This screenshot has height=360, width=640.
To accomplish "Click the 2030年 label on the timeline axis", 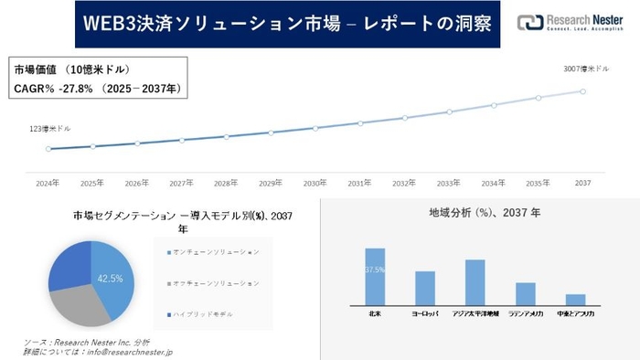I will [315, 183].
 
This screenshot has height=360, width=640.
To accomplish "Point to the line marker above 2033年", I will [449, 112].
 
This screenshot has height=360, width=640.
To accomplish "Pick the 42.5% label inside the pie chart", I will [110, 278].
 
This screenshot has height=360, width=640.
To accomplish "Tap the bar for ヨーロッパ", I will [425, 288].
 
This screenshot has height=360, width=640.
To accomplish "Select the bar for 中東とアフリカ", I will [575, 300].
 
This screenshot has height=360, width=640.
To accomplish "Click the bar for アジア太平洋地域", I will [475, 282].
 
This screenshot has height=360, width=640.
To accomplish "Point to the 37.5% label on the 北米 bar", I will [375, 270].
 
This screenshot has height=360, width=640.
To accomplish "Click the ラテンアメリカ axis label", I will [525, 313].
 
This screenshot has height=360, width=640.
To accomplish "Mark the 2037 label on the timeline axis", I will [583, 183].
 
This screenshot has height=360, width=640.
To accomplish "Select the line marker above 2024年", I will [48, 149].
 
